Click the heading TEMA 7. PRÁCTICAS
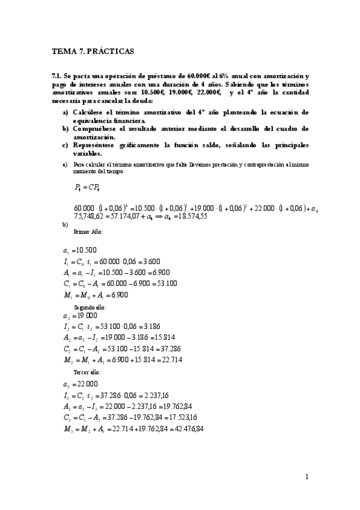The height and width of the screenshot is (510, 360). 93,52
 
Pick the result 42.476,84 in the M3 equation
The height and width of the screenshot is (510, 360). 183,429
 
